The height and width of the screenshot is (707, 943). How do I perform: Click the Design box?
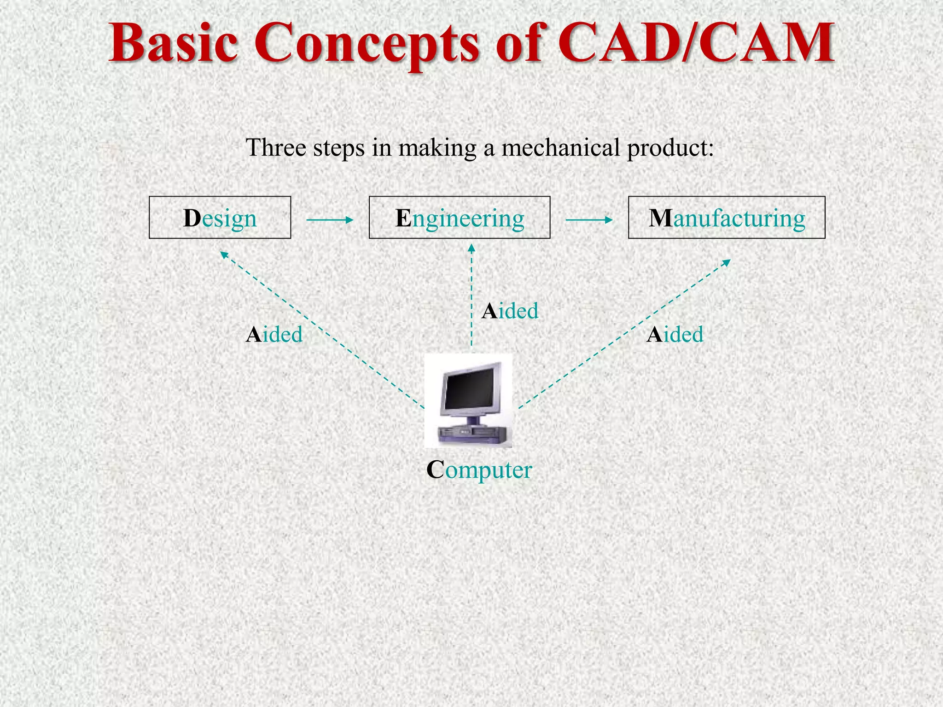click(x=220, y=218)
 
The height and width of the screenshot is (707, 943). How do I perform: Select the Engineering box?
click(x=459, y=218)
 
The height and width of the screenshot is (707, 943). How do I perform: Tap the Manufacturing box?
click(x=726, y=218)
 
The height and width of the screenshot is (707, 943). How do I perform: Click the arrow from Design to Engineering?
click(x=330, y=220)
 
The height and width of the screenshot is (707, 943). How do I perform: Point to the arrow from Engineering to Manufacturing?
click(x=589, y=220)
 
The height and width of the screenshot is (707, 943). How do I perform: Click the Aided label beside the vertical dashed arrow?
click(x=510, y=311)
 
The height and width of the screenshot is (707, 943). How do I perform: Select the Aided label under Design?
click(x=274, y=334)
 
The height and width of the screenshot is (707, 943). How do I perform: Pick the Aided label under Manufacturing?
click(x=675, y=334)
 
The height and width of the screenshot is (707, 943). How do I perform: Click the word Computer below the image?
click(x=479, y=470)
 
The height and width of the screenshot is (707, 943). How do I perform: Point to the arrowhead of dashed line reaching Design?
click(x=223, y=254)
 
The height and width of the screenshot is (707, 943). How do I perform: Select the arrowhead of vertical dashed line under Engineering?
click(x=471, y=248)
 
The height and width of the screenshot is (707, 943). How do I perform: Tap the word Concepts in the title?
click(x=367, y=44)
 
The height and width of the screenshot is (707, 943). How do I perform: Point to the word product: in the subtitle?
click(x=670, y=149)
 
